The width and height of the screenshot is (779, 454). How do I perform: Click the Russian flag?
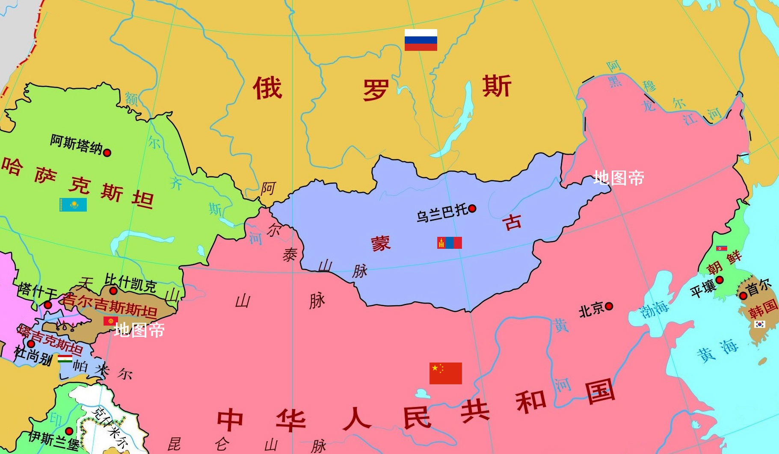click(421, 40)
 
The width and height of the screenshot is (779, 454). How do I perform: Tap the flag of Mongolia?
click(449, 243)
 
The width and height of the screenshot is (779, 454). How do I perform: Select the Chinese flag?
click(445, 373)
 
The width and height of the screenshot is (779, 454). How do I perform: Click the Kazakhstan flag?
click(73, 205)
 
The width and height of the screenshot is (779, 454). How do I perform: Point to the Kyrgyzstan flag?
click(110, 321)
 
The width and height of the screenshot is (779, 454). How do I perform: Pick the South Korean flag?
click(759, 324)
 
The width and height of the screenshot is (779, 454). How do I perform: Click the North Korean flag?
click(722, 248)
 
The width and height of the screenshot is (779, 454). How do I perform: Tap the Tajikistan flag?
click(65, 359)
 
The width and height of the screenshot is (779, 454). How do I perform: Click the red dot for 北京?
click(609, 306)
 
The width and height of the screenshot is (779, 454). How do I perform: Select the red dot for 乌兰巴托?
click(472, 209)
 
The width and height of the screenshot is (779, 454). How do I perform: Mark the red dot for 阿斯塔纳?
click(107, 153)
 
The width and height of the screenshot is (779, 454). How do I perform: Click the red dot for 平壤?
click(720, 280)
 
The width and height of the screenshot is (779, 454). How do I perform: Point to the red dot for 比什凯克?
click(113, 291)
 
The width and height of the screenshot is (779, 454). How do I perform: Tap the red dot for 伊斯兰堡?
click(69, 431)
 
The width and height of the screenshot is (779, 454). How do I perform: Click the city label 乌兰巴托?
click(442, 212)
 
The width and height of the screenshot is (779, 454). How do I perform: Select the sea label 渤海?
click(654, 309)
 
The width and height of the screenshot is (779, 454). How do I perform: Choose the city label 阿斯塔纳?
click(76, 144)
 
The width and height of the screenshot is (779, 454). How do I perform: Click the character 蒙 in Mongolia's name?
click(381, 244)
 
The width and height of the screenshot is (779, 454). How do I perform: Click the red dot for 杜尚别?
click(31, 344)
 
